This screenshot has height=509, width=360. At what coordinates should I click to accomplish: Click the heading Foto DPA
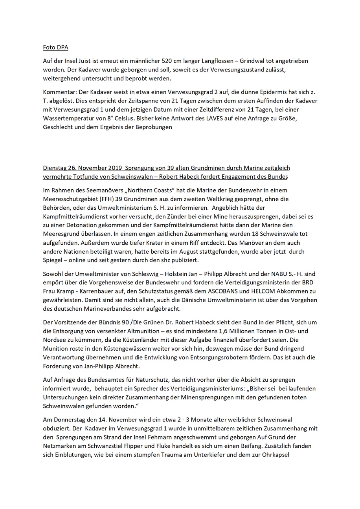(x=55, y=48)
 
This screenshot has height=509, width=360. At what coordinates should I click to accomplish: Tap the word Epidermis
(x=264, y=92)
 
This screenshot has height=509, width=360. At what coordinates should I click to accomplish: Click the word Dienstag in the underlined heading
(x=55, y=168)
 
